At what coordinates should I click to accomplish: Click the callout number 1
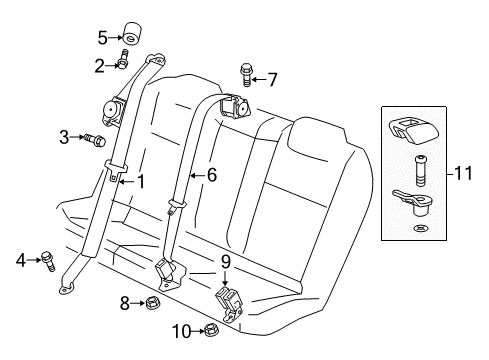(x=140, y=182)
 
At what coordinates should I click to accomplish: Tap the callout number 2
(x=99, y=66)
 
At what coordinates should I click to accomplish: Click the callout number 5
(x=102, y=38)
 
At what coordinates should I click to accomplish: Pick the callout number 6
(x=210, y=174)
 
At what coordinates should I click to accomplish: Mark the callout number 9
(x=226, y=262)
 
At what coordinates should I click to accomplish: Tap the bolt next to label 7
(x=246, y=73)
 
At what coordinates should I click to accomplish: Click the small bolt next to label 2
(x=123, y=64)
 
